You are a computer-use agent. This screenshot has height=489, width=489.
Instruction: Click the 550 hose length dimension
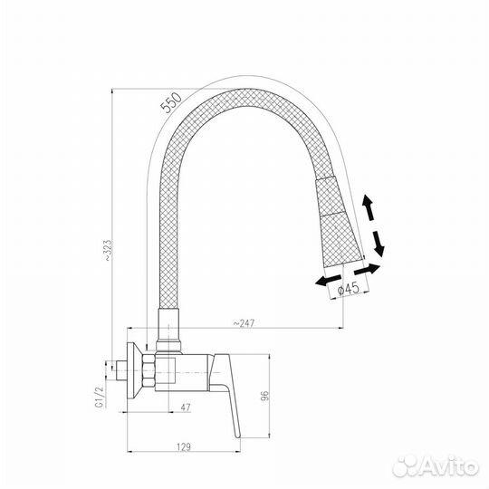click(170, 102)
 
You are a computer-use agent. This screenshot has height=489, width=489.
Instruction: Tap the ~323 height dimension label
click(107, 250)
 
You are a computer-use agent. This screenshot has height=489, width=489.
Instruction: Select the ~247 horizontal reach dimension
click(244, 323)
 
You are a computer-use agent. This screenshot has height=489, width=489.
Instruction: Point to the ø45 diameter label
click(349, 289)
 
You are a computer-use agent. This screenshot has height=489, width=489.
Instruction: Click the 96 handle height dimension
click(264, 396)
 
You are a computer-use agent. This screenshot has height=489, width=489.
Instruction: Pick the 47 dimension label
click(186, 407)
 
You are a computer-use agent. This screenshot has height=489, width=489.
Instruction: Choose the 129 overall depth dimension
click(184, 447)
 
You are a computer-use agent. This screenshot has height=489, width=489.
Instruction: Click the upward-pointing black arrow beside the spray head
click(368, 207)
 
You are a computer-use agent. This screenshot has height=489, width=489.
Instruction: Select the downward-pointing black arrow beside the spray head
click(379, 244)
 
